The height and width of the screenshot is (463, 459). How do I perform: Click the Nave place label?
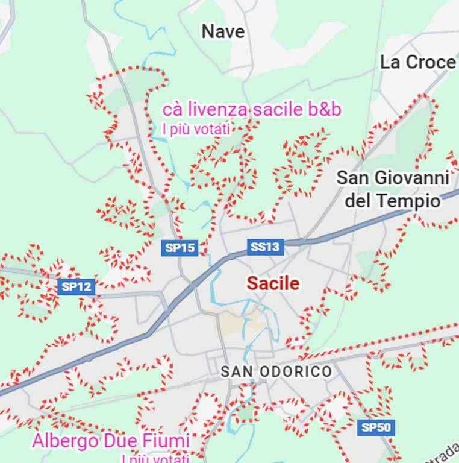(x=223, y=31)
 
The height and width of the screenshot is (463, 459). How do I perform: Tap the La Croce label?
(x=417, y=62)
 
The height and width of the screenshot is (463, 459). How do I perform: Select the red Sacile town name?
(x=273, y=283)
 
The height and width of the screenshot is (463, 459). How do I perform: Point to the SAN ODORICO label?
(x=276, y=371)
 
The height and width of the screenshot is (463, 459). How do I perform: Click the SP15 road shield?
(x=180, y=247)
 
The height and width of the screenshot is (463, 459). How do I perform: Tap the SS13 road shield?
(x=265, y=247)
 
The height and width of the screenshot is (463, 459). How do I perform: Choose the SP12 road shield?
(x=76, y=286)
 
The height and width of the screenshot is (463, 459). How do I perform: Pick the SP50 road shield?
(x=376, y=428)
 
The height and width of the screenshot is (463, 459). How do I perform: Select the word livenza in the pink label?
(x=218, y=109)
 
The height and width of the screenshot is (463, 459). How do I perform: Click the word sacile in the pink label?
(x=278, y=109)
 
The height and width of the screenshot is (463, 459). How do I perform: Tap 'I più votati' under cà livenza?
(x=196, y=128)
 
